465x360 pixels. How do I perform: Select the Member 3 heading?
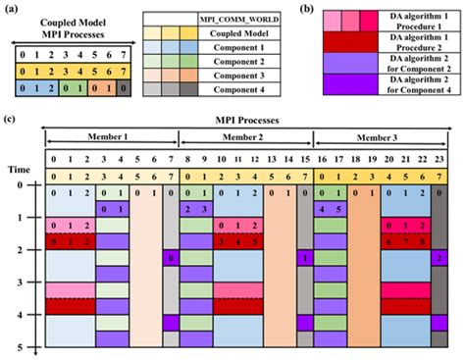pyautogui.click(x=378, y=138)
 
